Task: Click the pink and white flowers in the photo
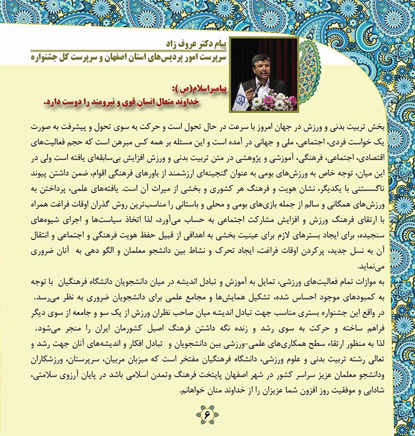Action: point(277,101)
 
